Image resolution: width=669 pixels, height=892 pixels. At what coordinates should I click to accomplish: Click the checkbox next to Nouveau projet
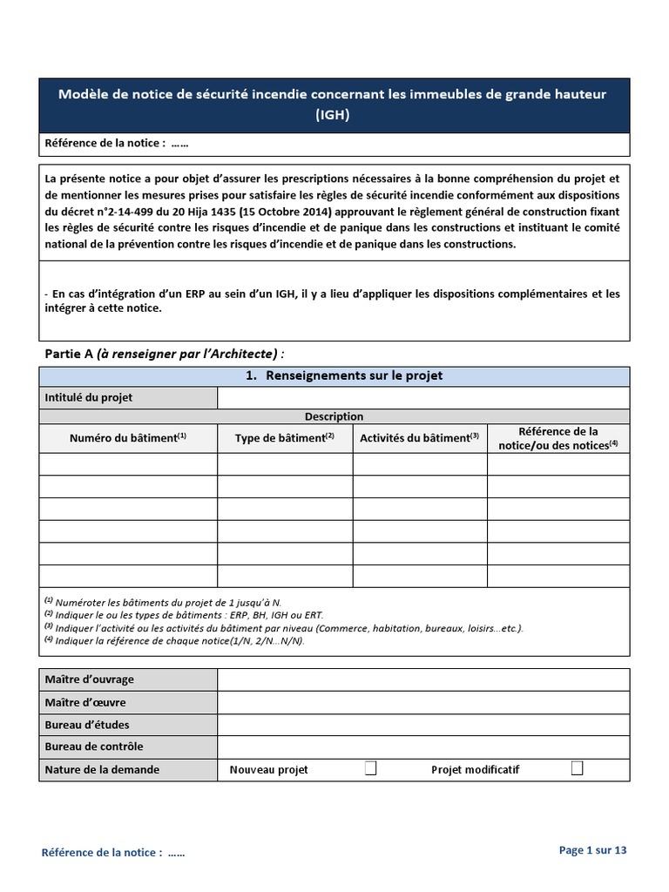(x=370, y=768)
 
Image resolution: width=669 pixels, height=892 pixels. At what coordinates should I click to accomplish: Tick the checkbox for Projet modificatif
(x=577, y=768)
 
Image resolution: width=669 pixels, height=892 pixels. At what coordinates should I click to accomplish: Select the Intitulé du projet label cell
(x=128, y=398)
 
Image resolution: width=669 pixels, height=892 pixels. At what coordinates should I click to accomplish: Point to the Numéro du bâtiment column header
(x=128, y=438)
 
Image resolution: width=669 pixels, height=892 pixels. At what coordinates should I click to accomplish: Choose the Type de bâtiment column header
(x=285, y=438)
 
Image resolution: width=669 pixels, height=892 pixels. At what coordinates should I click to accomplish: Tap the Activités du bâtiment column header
(x=420, y=438)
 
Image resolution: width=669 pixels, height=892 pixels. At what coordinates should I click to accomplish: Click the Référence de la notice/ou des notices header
(x=557, y=438)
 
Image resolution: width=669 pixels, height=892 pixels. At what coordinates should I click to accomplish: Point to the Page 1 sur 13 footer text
(x=592, y=850)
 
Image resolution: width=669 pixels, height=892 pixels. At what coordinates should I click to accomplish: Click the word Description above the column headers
(x=334, y=416)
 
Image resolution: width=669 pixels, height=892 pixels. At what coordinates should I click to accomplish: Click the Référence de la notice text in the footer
(x=113, y=853)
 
